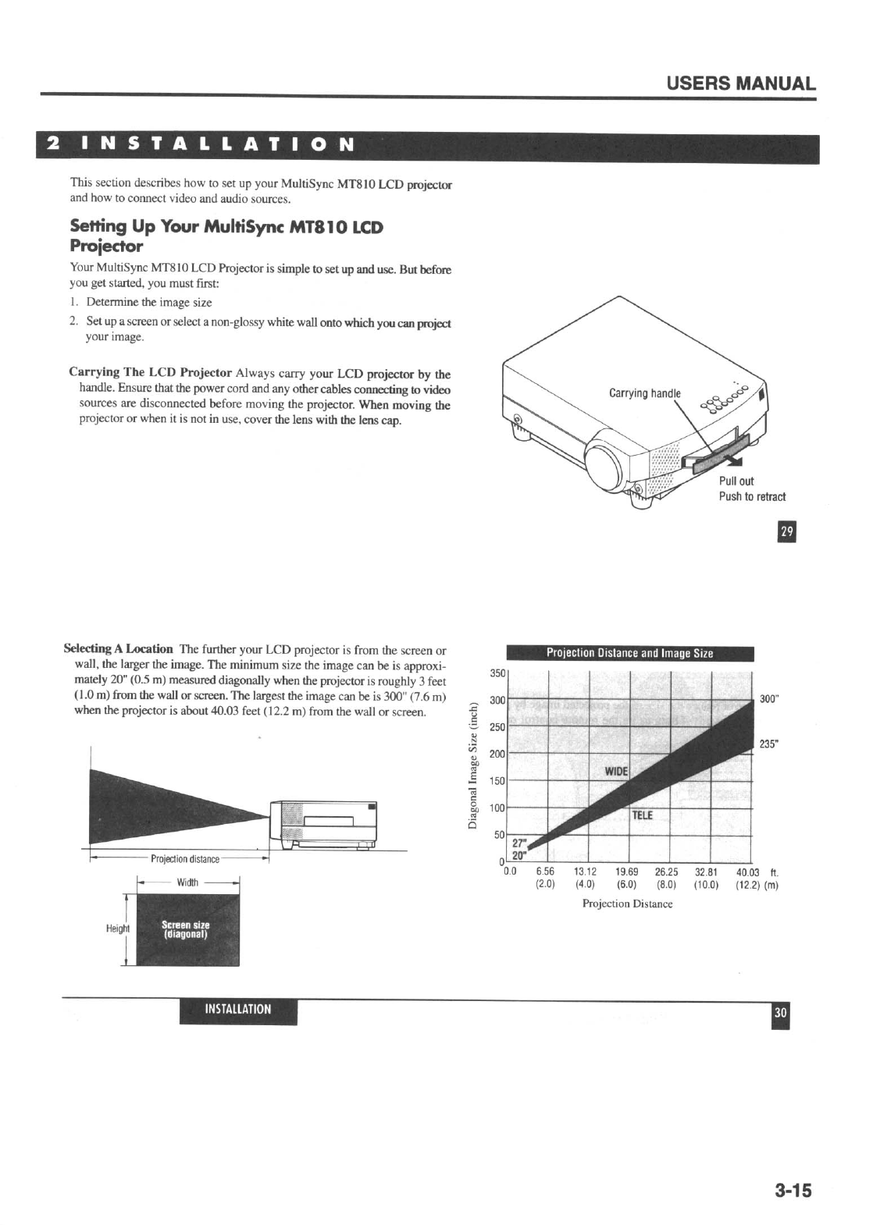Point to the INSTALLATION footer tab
(x=238, y=1009)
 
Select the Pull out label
(x=736, y=481)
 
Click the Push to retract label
(x=752, y=496)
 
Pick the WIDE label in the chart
(x=616, y=772)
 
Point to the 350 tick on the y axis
(x=497, y=673)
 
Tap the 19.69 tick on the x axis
(x=626, y=872)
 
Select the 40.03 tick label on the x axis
(x=748, y=872)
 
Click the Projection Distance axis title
(x=627, y=904)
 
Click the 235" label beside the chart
(x=769, y=744)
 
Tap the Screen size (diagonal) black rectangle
(x=187, y=929)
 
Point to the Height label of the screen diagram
(x=117, y=929)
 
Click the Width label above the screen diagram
(x=187, y=882)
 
